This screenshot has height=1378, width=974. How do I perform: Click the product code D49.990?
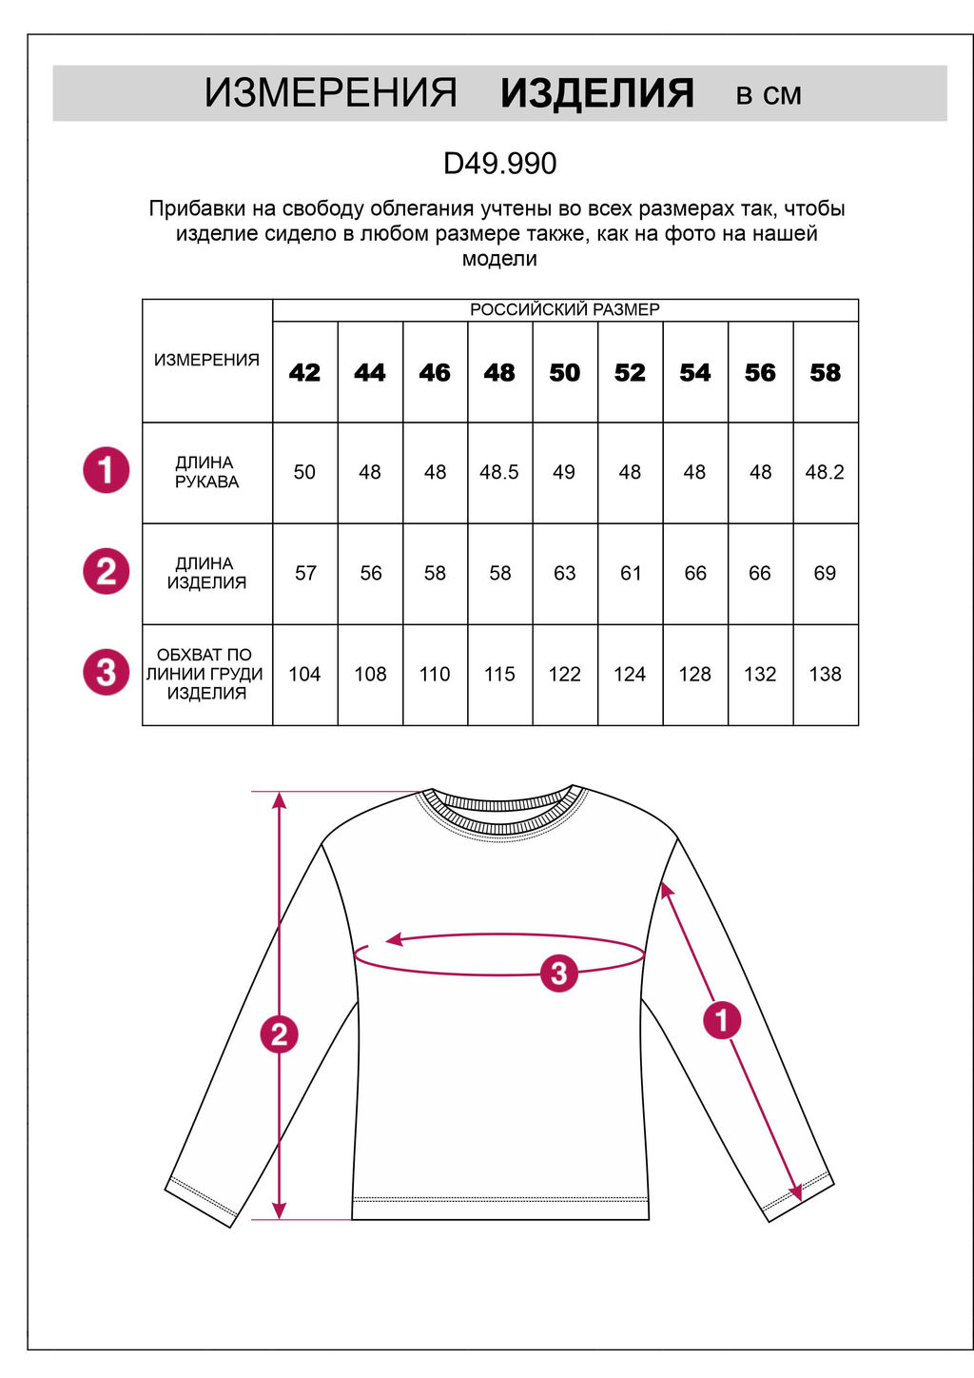(499, 164)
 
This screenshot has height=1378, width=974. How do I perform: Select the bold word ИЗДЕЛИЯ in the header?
(596, 93)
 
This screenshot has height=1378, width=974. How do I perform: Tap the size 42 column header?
(304, 373)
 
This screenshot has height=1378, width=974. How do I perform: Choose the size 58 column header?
(825, 373)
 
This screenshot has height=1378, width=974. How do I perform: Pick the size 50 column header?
(564, 373)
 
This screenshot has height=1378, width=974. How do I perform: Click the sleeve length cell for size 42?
(304, 472)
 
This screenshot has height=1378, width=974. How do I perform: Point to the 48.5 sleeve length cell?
(499, 472)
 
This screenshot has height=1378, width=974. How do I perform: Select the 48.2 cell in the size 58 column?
(825, 472)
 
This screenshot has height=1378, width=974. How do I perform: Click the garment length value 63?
(564, 573)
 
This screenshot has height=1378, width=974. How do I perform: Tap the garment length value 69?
(825, 573)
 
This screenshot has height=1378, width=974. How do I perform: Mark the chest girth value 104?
(304, 674)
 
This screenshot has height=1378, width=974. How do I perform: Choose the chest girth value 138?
(825, 674)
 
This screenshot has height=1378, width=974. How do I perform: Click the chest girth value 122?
(564, 674)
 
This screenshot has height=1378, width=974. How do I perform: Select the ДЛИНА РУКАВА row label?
(206, 472)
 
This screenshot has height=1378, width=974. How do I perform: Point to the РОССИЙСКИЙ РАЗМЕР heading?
(564, 310)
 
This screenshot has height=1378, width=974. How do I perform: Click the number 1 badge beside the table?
(106, 470)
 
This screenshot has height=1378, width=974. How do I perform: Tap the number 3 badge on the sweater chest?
(558, 973)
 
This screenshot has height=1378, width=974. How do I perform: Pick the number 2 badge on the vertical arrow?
(279, 1034)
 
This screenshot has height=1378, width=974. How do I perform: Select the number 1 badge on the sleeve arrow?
(722, 1020)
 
